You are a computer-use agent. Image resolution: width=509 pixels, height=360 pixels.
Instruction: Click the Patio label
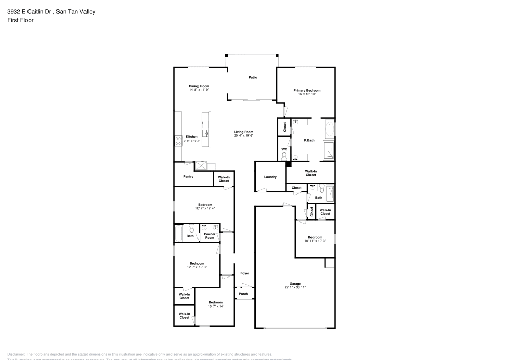point(252,77)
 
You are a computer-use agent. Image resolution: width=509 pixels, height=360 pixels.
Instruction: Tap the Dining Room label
point(199,86)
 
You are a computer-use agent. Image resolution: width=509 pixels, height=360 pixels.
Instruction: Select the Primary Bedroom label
point(306,90)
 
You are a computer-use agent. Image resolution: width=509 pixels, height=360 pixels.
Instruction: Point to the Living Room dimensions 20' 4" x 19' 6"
point(244,136)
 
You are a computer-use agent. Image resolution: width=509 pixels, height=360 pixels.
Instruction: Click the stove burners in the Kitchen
point(178,141)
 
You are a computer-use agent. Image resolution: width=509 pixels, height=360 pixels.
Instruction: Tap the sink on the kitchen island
point(206,133)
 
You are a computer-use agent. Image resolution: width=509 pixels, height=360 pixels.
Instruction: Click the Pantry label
point(188,177)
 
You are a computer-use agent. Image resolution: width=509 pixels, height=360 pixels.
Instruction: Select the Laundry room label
point(270,177)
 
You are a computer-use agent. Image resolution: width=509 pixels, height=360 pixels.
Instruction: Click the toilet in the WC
point(284,156)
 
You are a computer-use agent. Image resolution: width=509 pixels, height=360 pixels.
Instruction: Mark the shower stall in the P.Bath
point(329,150)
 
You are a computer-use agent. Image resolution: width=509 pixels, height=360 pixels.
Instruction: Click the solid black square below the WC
point(288,164)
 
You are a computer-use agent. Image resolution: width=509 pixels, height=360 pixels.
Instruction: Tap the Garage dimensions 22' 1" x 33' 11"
point(295,287)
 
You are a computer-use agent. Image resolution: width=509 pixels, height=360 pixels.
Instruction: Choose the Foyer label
point(245,273)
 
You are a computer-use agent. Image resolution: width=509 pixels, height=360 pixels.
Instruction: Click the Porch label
point(244,294)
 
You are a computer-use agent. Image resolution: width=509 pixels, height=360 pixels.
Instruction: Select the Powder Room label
point(210,236)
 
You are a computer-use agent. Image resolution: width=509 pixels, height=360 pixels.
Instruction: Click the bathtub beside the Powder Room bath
point(179,234)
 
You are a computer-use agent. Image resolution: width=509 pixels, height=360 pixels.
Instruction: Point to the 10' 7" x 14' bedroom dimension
point(216,306)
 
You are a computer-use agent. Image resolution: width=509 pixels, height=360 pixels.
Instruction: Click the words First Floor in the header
point(20,20)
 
